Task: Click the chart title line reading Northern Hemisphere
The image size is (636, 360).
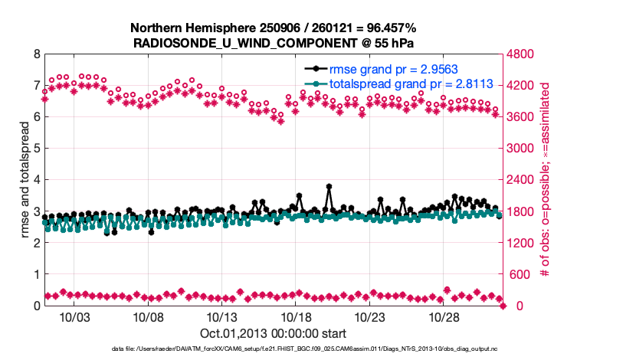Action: pos(274,26)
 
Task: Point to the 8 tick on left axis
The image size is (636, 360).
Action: pos(36,54)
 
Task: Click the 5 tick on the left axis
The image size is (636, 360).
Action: pos(36,149)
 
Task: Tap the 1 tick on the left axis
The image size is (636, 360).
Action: pos(36,274)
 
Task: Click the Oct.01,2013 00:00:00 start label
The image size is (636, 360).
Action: pos(274,333)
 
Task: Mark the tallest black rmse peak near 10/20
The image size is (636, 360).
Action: pos(329,186)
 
